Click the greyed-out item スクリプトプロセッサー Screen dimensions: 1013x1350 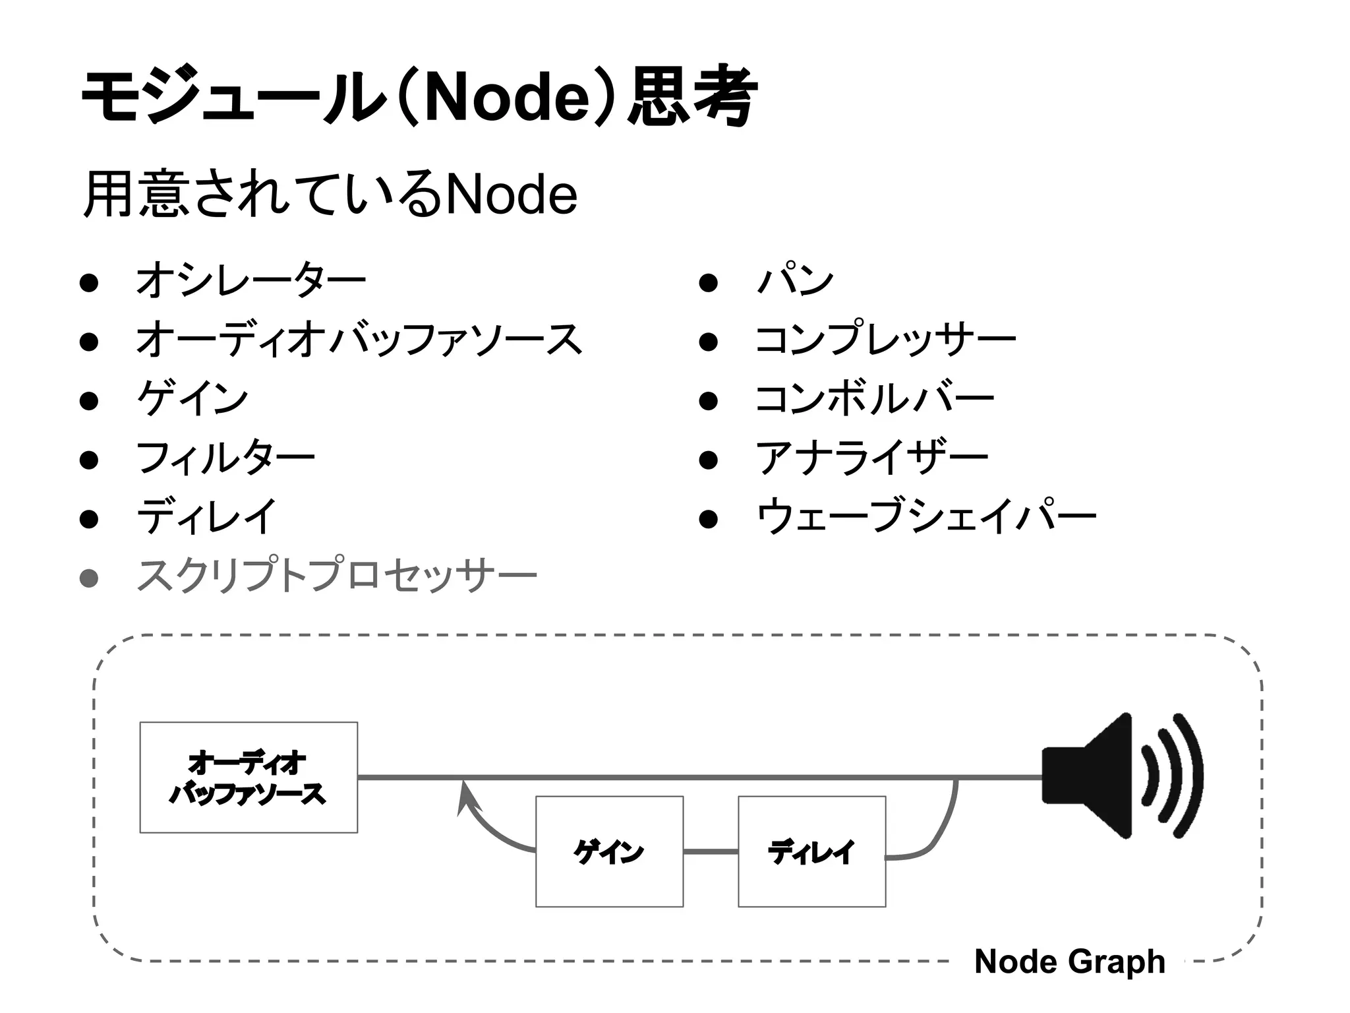pos(336,576)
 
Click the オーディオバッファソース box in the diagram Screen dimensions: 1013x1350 pos(249,778)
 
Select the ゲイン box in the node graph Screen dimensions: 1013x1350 pos(609,851)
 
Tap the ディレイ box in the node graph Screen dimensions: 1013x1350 pos(811,851)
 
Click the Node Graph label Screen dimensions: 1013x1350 pos(1069,962)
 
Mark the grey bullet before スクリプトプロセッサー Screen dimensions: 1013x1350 pos(89,578)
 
